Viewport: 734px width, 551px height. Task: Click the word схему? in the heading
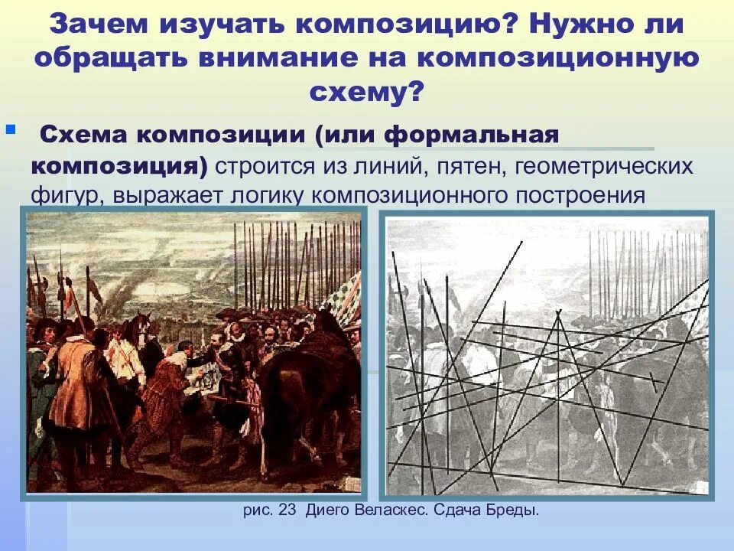pyautogui.click(x=366, y=93)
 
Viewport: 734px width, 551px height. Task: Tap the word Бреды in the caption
pyautogui.click(x=513, y=510)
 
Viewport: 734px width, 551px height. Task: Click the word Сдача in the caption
pyautogui.click(x=460, y=510)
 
